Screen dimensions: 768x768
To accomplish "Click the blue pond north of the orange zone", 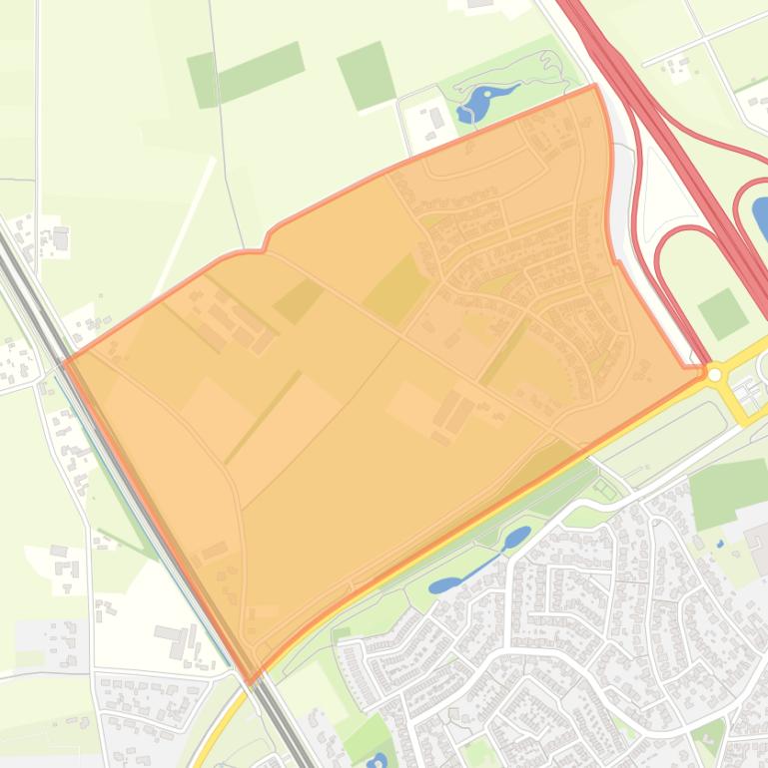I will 476,103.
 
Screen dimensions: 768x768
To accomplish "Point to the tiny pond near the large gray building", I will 720,544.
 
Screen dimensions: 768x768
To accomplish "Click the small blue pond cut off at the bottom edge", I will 377,762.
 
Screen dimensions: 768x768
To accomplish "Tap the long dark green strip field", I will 246,75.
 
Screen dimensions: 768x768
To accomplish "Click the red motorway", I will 679,130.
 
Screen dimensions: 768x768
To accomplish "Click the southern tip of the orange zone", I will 251,681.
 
